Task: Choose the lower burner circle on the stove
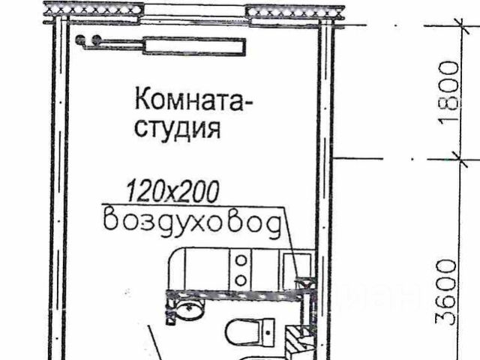pos(241,280)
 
